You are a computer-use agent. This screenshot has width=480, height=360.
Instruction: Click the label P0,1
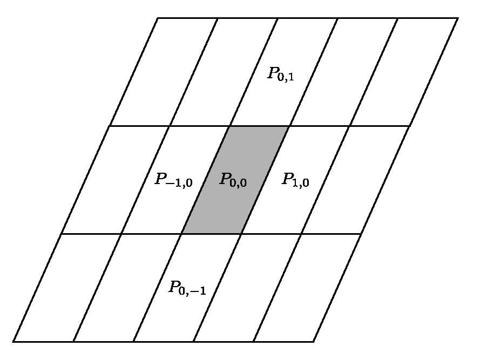point(281,74)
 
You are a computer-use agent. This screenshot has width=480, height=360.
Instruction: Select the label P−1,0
point(173,180)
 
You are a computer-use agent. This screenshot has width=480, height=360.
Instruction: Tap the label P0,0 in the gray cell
point(233,180)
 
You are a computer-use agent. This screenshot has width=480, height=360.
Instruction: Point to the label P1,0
point(295,180)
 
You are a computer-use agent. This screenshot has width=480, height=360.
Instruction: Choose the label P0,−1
point(187,288)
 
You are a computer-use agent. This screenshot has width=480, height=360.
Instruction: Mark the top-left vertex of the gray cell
point(229,126)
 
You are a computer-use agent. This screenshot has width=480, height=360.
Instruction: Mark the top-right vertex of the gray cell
point(289,126)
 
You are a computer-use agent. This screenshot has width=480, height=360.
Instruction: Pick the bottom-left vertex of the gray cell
point(182,234)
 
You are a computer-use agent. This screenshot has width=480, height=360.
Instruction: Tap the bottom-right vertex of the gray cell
point(241,234)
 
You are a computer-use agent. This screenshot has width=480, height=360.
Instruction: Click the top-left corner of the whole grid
point(157,18)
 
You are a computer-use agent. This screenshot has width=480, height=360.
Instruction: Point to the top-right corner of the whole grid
point(458,18)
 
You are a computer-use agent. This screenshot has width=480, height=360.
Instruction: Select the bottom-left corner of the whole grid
point(13,341)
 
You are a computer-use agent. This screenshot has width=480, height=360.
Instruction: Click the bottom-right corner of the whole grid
point(314,341)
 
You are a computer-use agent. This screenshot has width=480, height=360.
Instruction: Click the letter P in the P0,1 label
point(272,72)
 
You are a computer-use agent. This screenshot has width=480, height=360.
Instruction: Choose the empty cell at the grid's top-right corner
point(404,72)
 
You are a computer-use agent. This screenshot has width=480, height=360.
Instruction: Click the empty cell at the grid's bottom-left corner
point(67,288)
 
